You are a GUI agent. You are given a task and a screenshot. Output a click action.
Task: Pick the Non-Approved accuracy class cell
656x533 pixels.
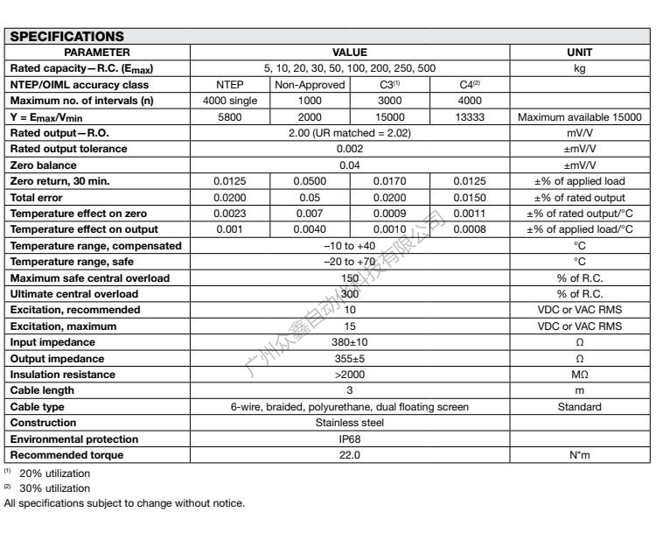point(310,85)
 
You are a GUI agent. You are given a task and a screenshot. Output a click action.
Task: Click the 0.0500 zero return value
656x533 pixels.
point(310,180)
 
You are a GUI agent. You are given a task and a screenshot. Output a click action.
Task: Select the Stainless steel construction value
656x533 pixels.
point(350,423)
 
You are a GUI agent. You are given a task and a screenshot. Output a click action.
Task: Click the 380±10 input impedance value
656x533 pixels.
point(350,342)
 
